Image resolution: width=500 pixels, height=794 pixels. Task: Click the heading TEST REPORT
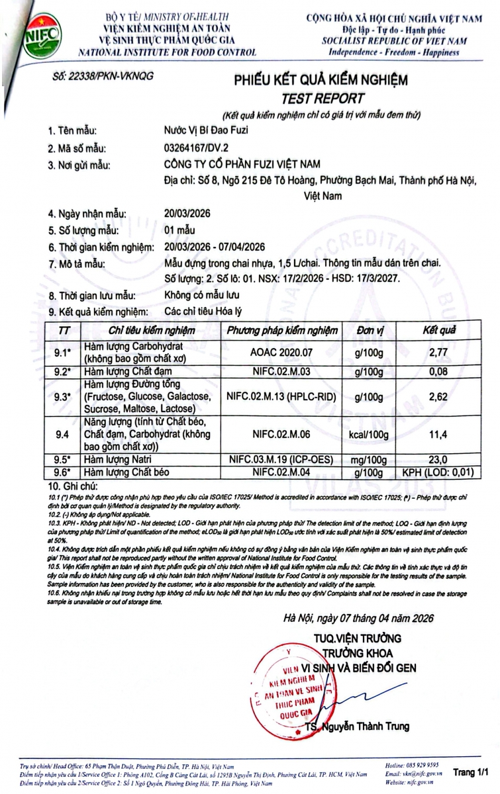[x=323, y=98]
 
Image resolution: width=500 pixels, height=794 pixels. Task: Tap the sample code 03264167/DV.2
[x=195, y=148]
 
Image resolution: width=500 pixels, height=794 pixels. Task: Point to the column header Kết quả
[x=440, y=330]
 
